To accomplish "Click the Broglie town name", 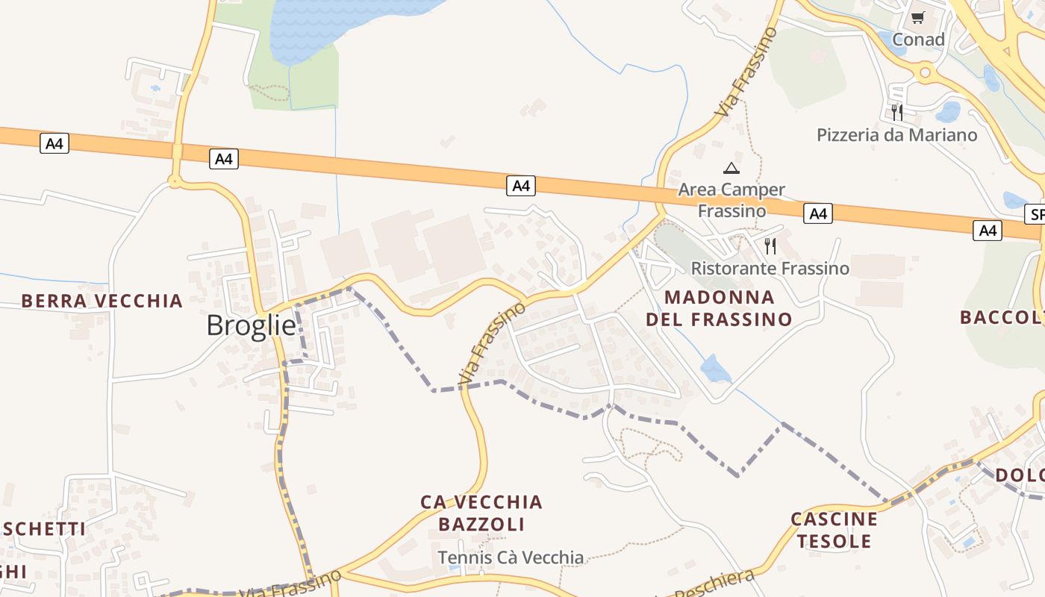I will pyautogui.click(x=251, y=325).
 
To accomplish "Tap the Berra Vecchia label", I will pyautogui.click(x=102, y=301).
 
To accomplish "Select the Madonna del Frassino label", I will pyautogui.click(x=719, y=308).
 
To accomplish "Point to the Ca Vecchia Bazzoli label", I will pyautogui.click(x=481, y=513).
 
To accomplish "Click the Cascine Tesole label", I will pyautogui.click(x=834, y=530).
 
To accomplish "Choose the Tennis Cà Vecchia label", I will pyautogui.click(x=511, y=557).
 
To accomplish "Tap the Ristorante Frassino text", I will pyautogui.click(x=770, y=268).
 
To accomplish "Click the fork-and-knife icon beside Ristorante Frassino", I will pyautogui.click(x=770, y=246).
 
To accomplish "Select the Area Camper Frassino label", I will pyautogui.click(x=731, y=200).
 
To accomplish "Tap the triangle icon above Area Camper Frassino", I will pyautogui.click(x=731, y=168).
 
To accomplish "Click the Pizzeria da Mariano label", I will pyautogui.click(x=896, y=135).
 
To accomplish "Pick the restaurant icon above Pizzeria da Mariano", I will pyautogui.click(x=896, y=113).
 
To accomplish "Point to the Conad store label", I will pyautogui.click(x=918, y=40).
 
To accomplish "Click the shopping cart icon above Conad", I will pyautogui.click(x=918, y=17).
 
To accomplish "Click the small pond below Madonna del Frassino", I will pyautogui.click(x=715, y=369).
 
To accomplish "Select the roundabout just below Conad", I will pyautogui.click(x=926, y=72).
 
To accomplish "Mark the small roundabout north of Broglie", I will pyautogui.click(x=175, y=181).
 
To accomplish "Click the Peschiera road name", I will pyautogui.click(x=715, y=584).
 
